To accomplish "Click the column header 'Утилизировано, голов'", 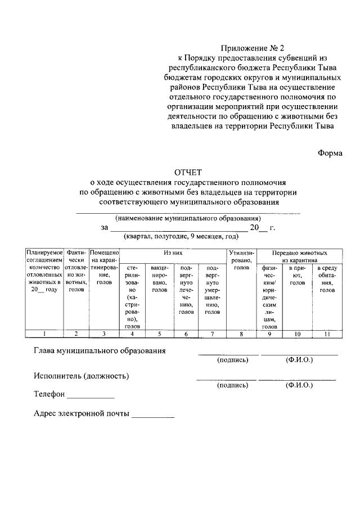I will point(241,260).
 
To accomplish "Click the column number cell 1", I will point(44,334).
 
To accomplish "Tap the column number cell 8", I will point(241,334).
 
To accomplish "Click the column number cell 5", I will point(159,334).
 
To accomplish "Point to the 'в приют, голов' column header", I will point(298,276).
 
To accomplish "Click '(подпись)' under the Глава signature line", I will point(232,360).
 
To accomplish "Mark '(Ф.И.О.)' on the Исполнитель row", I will point(299,385).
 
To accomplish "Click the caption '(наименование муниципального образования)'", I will point(188,218).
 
